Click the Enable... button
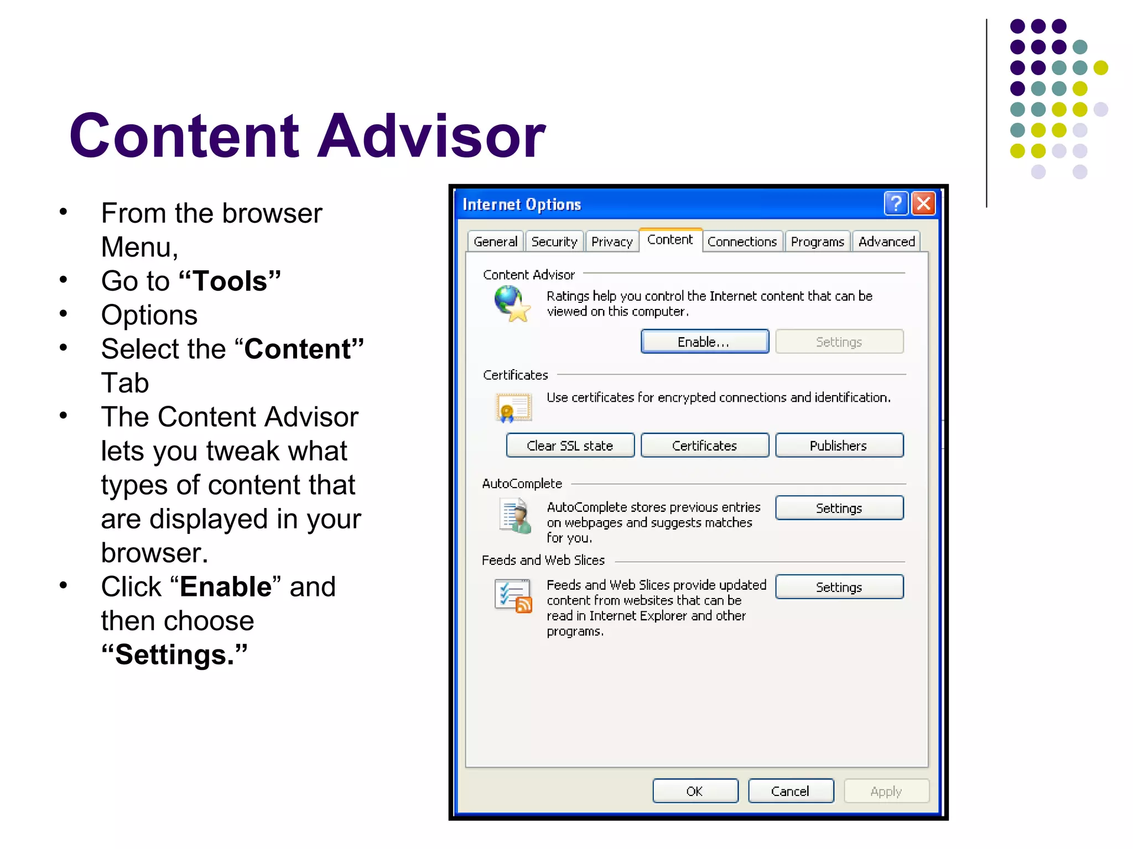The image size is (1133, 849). point(704,342)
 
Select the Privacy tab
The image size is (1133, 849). point(611,242)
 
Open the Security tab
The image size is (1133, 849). point(554,242)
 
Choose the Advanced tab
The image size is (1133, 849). point(886,242)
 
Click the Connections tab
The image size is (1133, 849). point(742,242)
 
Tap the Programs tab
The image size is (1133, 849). point(817,242)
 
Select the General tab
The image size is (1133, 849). point(495,242)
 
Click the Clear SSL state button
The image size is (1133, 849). point(570,446)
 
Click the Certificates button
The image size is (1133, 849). point(704,446)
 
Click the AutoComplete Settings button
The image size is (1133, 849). point(839,508)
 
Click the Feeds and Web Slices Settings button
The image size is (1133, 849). point(839,587)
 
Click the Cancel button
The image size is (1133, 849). point(790,791)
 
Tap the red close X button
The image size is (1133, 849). point(923,203)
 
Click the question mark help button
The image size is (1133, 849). point(896,203)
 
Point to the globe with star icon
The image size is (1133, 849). point(512,303)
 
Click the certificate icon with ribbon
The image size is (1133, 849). point(513,407)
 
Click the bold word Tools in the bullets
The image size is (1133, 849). point(230,281)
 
